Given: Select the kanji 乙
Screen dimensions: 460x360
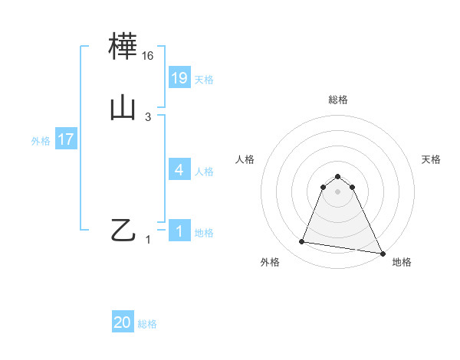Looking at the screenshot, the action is click(123, 230).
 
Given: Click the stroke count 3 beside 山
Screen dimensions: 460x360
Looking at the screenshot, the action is click(148, 117).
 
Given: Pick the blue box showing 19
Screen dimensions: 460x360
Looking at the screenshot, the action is click(179, 78).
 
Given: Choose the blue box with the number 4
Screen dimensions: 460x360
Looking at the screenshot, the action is click(179, 170).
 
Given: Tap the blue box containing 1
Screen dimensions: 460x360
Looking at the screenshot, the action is click(179, 231).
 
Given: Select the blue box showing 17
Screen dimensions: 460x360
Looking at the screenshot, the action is click(66, 140).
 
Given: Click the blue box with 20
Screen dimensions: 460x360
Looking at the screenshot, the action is click(123, 323).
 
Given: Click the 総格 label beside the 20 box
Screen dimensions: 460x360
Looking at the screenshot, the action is click(147, 325).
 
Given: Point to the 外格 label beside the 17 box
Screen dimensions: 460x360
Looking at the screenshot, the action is click(41, 141).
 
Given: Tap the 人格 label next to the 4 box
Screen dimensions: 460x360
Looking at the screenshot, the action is click(205, 172).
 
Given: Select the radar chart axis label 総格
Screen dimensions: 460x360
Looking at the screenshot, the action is click(337, 100).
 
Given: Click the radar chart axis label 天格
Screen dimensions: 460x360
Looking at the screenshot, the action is click(431, 159).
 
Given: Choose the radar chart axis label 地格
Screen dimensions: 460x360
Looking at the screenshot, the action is click(402, 263).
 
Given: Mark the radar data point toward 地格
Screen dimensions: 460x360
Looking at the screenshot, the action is click(383, 252).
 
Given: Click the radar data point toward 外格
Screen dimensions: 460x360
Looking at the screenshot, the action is click(302, 242).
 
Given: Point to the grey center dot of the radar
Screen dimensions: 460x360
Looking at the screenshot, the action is click(337, 191).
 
